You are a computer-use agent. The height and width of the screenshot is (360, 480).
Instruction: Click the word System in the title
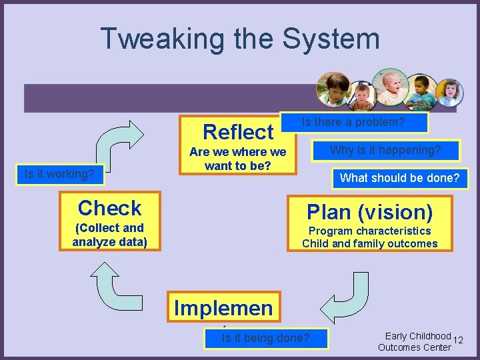click(331, 39)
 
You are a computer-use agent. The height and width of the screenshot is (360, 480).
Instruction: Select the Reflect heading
click(238, 131)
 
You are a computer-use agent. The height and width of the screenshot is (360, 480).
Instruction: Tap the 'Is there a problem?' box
click(354, 122)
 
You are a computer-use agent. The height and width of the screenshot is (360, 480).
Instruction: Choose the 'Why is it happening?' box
click(386, 150)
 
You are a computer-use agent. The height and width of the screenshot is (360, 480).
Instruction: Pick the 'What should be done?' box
click(399, 178)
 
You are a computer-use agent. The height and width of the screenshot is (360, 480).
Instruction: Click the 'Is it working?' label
click(59, 175)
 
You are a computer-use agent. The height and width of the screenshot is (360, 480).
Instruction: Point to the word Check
click(109, 208)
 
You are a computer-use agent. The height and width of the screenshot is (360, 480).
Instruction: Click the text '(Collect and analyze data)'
click(109, 235)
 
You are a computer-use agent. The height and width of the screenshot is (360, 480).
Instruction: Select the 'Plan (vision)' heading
click(369, 212)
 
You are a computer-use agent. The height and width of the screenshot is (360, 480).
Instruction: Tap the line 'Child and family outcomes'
click(369, 243)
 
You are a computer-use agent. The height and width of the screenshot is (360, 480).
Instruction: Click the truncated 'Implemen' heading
click(223, 307)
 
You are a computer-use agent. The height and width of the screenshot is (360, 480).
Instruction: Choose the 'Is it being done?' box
click(265, 338)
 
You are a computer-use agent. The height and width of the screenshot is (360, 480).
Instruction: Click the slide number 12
click(457, 341)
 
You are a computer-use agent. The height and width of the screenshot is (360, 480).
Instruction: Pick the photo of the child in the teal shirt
click(421, 92)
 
